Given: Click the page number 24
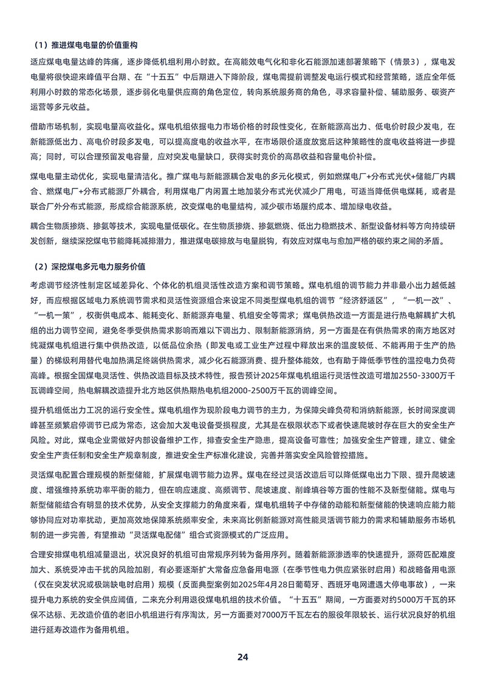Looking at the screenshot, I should [x=243, y=657].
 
